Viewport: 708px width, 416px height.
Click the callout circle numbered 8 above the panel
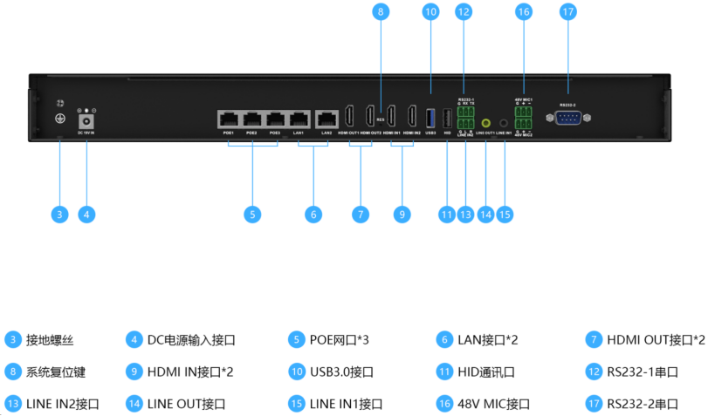pos(381,12)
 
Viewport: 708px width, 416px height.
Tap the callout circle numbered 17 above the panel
pos(568,12)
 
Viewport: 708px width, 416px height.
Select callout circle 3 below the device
pos(59,214)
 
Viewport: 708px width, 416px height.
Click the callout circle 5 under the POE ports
pos(252,214)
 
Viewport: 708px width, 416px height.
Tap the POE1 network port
pos(229,118)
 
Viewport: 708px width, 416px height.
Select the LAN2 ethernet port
pos(327,118)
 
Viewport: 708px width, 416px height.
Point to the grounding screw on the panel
pos(61,119)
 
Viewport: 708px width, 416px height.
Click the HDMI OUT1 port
pos(349,116)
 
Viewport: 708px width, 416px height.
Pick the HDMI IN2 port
pos(413,116)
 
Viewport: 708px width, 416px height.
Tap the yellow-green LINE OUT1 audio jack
pos(485,124)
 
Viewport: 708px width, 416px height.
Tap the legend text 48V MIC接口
pos(482,404)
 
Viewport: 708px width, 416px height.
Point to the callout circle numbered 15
pos(505,214)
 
